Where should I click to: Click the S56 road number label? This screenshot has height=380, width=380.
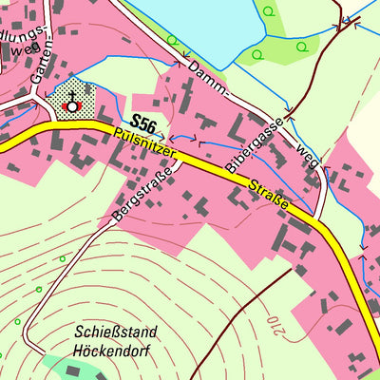pos(144,123)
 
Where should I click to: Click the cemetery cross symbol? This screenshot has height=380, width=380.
pos(69,102)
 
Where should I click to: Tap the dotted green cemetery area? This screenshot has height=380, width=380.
pos(81,95)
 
